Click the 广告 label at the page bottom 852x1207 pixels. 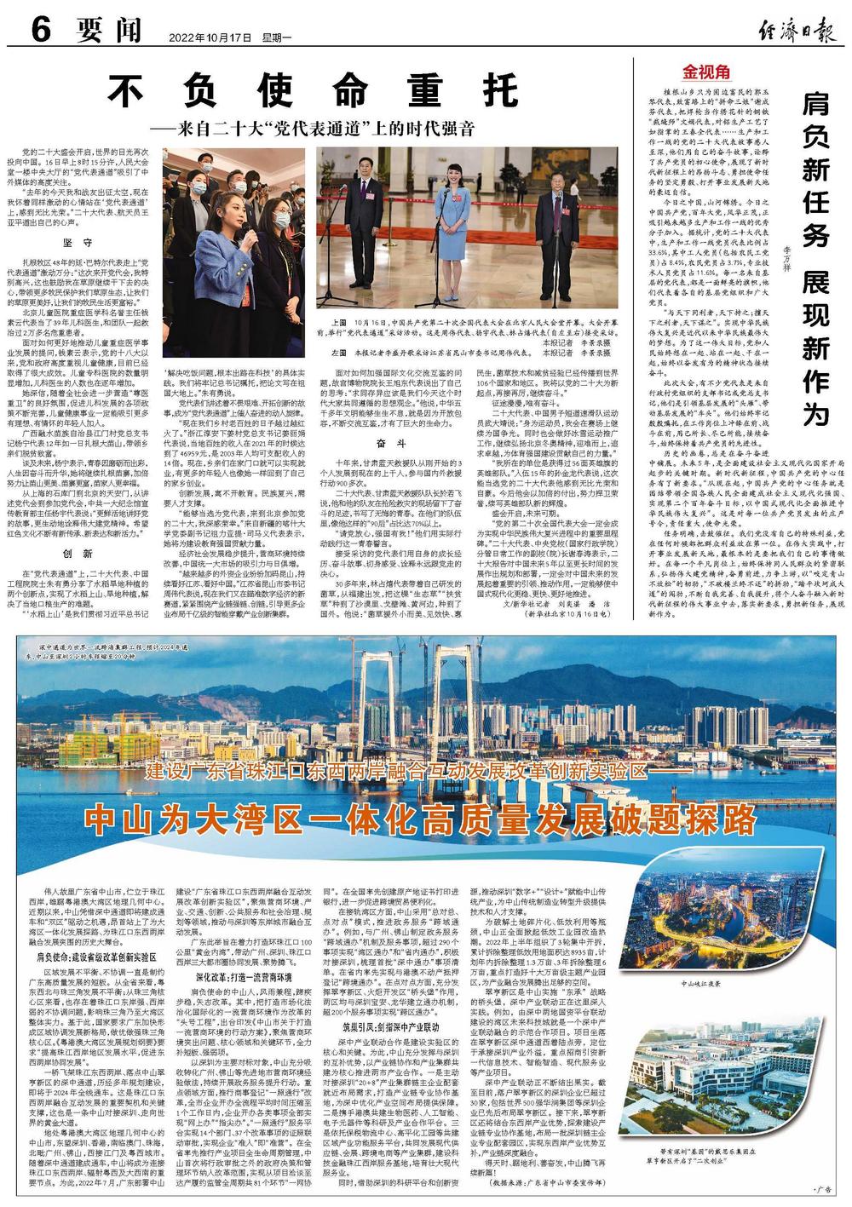(821, 1189)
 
